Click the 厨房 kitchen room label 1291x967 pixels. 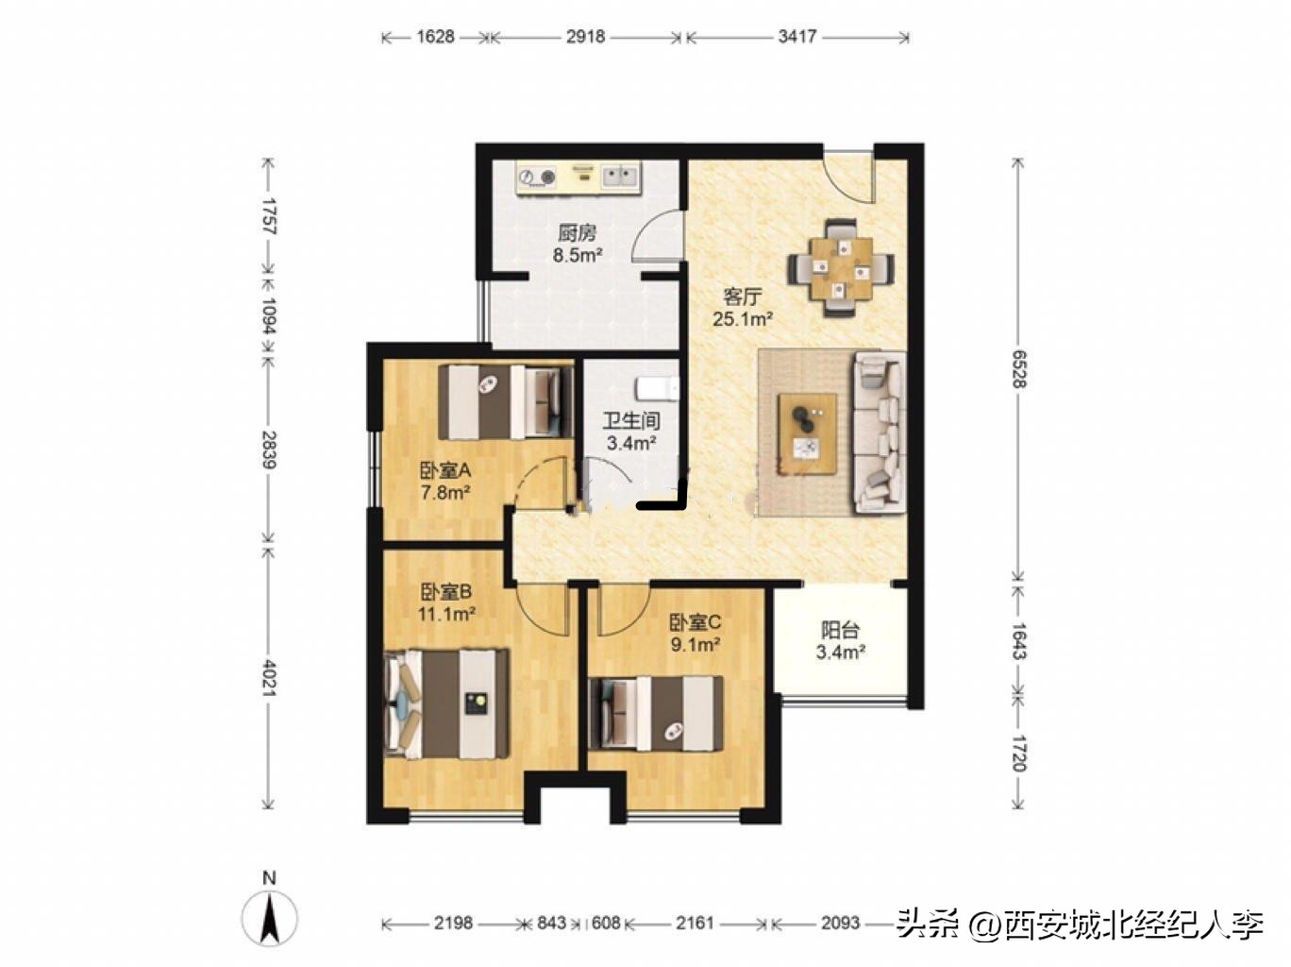[x=576, y=232]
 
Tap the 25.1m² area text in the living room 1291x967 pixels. [x=742, y=319]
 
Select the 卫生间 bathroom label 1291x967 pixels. [x=630, y=421]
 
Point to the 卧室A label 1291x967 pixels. [x=444, y=469]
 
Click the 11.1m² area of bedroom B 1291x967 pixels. [x=445, y=614]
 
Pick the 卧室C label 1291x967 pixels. [x=695, y=622]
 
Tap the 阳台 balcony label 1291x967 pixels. [x=840, y=630]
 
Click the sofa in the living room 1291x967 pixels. [x=880, y=432]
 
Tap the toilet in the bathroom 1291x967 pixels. [x=657, y=388]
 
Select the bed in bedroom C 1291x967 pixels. [x=656, y=713]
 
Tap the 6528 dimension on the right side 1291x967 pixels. [x=1018, y=368]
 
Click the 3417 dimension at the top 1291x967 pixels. [x=796, y=37]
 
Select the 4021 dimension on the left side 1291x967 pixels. [x=268, y=678]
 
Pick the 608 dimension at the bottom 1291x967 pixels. [x=605, y=923]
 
